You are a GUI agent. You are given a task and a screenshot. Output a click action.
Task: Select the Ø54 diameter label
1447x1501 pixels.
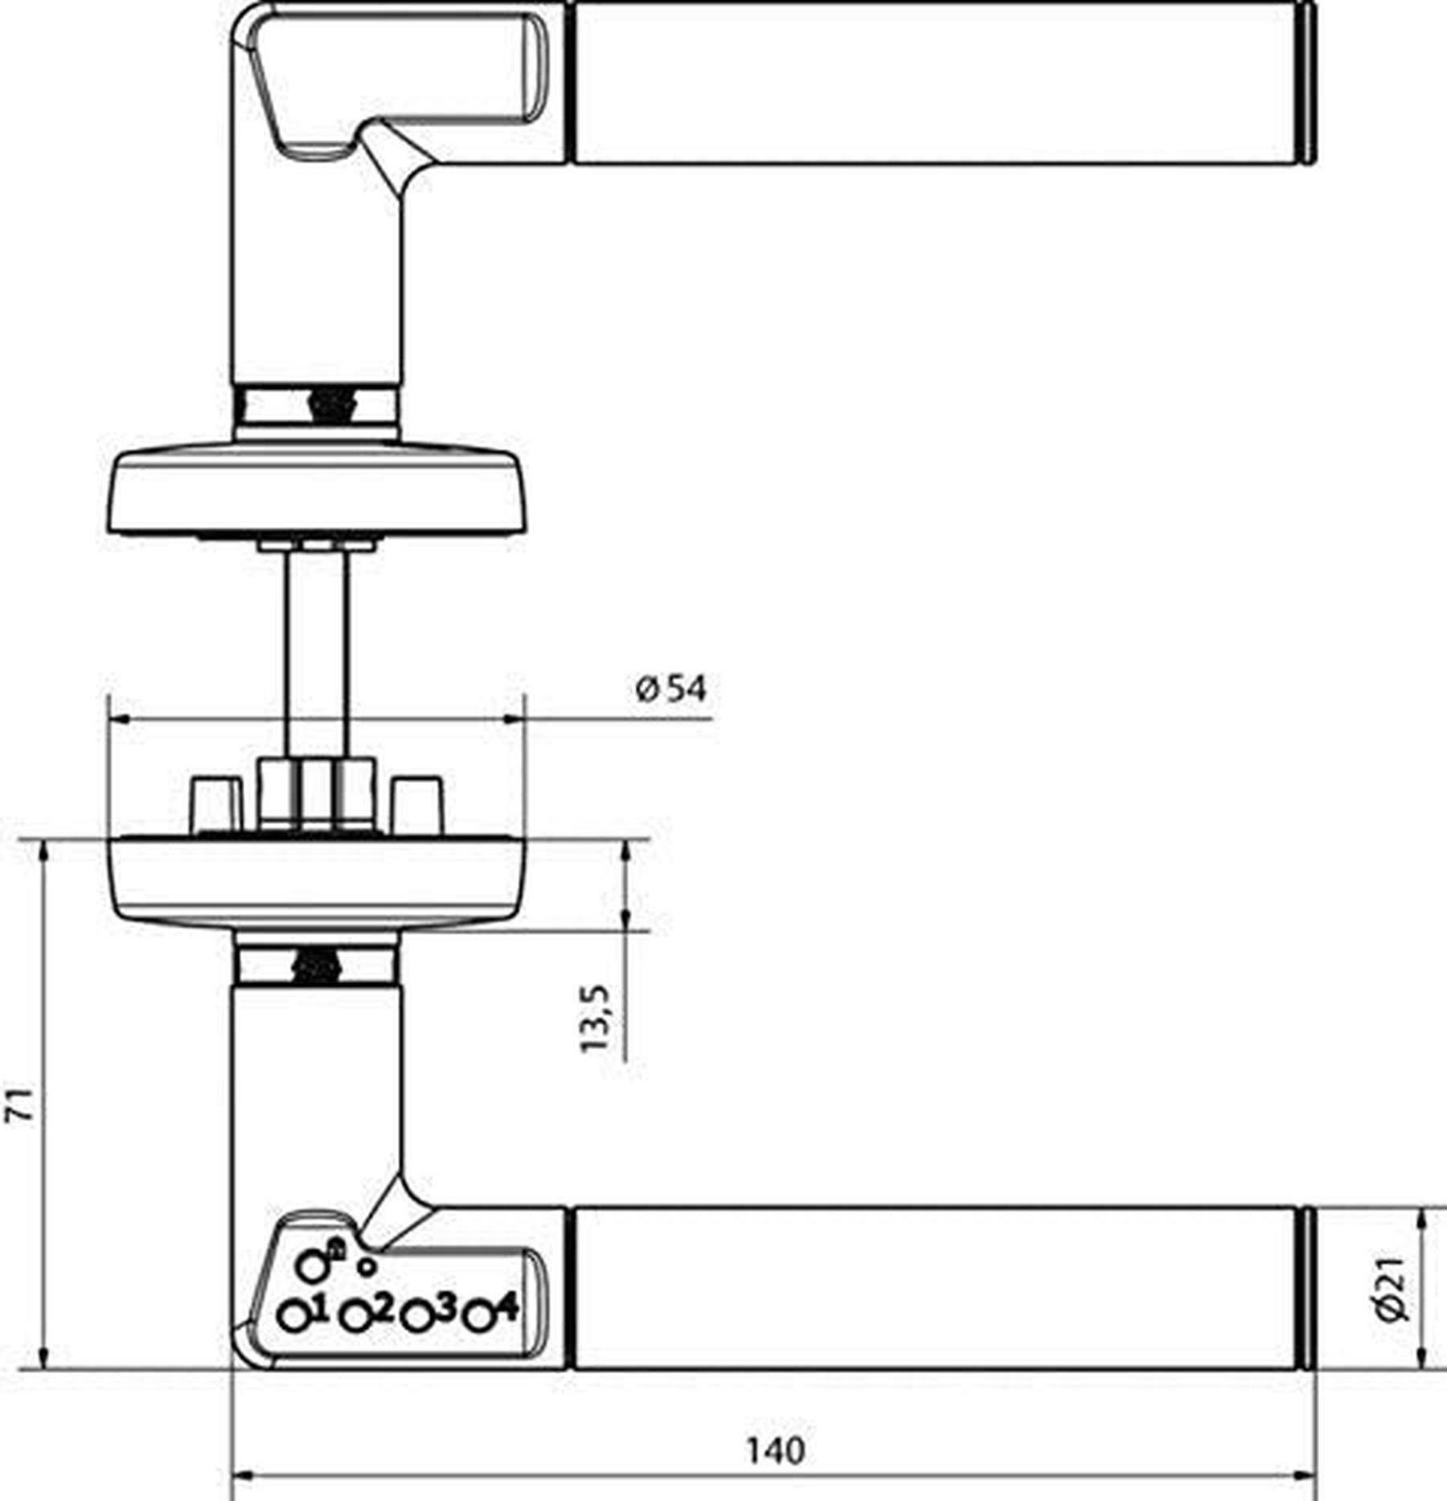pos(671,689)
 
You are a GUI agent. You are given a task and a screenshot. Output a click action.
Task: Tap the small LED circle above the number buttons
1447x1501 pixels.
pos(367,1267)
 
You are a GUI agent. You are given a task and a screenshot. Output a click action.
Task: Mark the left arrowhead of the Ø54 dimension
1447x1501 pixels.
pos(118,720)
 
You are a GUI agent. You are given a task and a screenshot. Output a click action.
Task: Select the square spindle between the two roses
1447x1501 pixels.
pos(317,651)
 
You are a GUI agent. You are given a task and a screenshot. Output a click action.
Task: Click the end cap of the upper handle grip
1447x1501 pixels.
pos(1307,83)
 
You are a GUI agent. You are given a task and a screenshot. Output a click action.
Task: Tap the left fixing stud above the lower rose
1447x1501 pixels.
pos(215,805)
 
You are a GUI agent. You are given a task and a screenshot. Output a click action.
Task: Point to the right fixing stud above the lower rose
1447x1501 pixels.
pos(417,805)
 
